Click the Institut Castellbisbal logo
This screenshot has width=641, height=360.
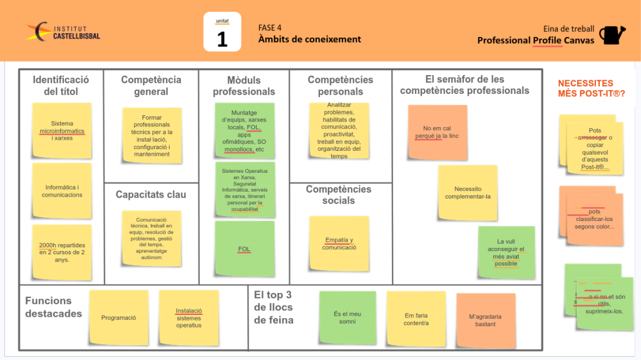click(63, 31)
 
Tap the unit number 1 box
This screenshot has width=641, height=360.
click(222, 32)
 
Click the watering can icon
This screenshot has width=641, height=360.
click(612, 34)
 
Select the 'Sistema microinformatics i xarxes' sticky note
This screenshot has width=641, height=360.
click(62, 131)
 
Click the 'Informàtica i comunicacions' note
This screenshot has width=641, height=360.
click(62, 191)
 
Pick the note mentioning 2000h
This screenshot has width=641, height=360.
click(62, 252)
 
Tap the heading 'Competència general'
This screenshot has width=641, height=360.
click(151, 86)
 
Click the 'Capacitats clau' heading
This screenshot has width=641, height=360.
click(151, 195)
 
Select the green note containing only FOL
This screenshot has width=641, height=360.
click(244, 249)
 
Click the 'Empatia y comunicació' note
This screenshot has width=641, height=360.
click(339, 244)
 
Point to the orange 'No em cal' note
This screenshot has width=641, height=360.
click(437, 132)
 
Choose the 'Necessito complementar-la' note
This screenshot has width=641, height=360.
click(468, 192)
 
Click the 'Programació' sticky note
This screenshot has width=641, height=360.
click(118, 317)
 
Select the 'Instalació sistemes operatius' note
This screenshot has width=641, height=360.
click(188, 317)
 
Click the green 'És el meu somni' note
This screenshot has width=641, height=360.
click(347, 318)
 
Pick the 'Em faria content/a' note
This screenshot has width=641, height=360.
click(416, 319)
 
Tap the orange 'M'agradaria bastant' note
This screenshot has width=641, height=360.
click(486, 320)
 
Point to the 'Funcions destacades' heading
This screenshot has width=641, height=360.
click(53, 307)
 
